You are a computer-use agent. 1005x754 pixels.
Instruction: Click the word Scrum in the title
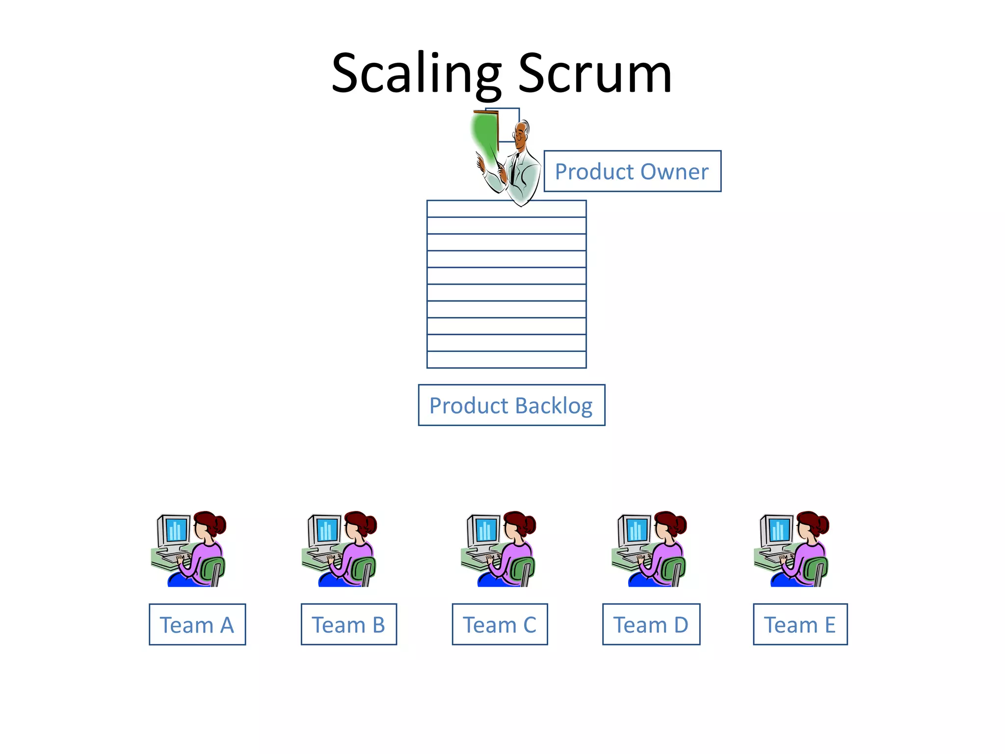[595, 74]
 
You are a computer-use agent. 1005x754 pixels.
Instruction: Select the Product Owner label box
[632, 171]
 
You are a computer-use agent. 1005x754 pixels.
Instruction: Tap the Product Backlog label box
[511, 405]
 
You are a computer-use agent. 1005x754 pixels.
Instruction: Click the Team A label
[197, 624]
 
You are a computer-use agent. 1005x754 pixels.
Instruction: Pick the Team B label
[348, 624]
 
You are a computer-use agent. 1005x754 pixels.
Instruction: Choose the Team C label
[500, 624]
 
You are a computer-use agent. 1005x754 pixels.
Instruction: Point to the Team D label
[651, 624]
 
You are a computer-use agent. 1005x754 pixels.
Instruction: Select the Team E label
[800, 624]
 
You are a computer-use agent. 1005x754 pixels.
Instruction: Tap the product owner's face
[520, 133]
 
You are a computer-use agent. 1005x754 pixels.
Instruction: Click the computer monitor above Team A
[176, 530]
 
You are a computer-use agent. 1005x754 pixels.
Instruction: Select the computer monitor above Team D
[636, 530]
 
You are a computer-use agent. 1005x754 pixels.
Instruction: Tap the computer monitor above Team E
[778, 530]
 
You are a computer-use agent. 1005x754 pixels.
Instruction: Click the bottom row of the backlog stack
[506, 360]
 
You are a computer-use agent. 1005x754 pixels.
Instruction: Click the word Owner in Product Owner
[674, 171]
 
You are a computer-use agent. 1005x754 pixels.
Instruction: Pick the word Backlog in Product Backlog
[554, 405]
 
